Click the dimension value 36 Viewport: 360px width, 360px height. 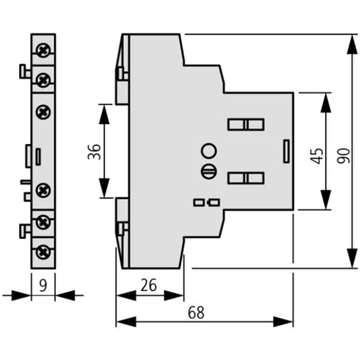click(94, 152)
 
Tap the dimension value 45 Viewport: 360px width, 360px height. click(317, 156)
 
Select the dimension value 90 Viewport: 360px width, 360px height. click(344, 156)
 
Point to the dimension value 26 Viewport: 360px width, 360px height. click(149, 285)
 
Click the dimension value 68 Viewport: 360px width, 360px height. click(196, 312)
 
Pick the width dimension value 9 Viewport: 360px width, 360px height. click(43, 285)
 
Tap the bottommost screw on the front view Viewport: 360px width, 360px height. click(43, 252)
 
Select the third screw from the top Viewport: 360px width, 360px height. click(43, 112)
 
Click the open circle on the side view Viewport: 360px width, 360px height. click(209, 151)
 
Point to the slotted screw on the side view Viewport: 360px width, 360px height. click(209, 171)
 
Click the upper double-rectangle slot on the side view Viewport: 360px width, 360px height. click(246, 124)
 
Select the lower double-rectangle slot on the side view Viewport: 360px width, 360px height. click(246, 178)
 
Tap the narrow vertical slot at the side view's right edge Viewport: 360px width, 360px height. click(286, 151)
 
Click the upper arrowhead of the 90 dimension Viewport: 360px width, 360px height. click(352, 45)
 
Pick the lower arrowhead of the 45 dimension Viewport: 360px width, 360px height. click(325, 200)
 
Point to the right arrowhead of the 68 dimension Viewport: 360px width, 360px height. click(283, 321)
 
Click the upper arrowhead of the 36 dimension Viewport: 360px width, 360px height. click(104, 115)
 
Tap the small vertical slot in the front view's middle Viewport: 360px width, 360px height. click(38, 157)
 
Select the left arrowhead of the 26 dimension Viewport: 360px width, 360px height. click(126, 295)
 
